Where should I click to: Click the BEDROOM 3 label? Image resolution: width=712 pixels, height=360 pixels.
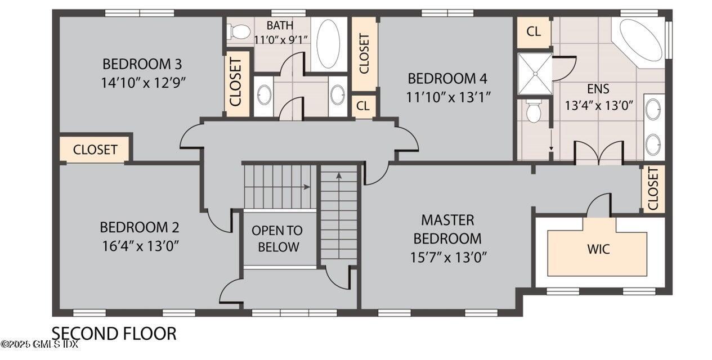pyautogui.click(x=142, y=63)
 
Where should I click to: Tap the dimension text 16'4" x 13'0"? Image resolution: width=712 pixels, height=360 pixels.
pyautogui.click(x=139, y=246)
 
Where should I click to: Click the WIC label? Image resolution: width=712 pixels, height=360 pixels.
pyautogui.click(x=598, y=249)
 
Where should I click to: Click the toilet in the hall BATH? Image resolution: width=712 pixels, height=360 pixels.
pyautogui.click(x=240, y=31)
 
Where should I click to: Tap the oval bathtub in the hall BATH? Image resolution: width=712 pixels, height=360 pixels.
pyautogui.click(x=328, y=44)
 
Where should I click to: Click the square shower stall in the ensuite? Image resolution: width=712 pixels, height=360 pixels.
pyautogui.click(x=534, y=73)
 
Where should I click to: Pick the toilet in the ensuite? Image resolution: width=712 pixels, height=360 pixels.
pyautogui.click(x=534, y=112)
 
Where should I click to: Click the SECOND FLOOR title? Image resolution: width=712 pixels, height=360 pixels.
pyautogui.click(x=114, y=334)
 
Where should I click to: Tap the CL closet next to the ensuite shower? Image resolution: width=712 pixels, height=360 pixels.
pyautogui.click(x=534, y=31)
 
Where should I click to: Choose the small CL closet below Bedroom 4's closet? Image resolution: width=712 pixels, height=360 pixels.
pyautogui.click(x=364, y=106)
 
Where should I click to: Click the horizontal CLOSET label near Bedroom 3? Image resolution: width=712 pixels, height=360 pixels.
pyautogui.click(x=95, y=150)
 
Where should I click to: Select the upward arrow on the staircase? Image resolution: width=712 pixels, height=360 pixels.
pyautogui.click(x=339, y=175)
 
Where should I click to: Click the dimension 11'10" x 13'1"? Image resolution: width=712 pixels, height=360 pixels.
pyautogui.click(x=449, y=97)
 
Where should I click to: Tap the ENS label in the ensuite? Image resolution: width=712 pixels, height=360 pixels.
pyautogui.click(x=598, y=89)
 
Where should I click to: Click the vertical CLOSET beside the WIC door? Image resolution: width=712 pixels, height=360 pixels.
pyautogui.click(x=653, y=188)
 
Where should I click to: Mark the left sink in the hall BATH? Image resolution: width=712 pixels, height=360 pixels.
pyautogui.click(x=263, y=96)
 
